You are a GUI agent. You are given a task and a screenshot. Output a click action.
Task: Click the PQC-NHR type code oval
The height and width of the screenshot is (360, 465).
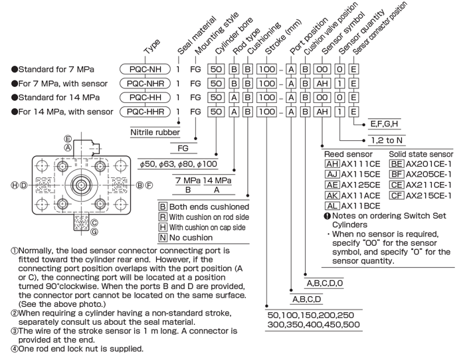[145, 83]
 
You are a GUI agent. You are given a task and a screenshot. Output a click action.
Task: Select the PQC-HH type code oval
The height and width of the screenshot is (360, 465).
[145, 97]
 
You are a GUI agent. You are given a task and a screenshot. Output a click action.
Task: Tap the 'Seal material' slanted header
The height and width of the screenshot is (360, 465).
[197, 36]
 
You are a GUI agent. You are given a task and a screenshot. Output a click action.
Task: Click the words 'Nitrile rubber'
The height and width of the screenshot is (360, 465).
[155, 132]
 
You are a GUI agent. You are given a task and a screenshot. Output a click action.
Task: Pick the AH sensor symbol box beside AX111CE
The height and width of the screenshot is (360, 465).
[332, 164]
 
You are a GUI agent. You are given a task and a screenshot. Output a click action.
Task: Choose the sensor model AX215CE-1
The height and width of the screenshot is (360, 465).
[428, 195]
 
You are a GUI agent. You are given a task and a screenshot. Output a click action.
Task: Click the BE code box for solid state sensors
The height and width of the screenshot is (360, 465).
[397, 164]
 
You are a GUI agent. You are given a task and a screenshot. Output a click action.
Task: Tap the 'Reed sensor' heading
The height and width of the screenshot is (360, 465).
[348, 154]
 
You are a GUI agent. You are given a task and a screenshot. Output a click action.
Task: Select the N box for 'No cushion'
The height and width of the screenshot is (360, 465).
[163, 238]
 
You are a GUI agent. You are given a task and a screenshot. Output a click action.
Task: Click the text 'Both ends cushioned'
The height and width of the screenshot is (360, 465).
[209, 207]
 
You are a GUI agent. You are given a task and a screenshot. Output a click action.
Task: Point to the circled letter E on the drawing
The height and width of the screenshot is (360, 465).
[68, 139]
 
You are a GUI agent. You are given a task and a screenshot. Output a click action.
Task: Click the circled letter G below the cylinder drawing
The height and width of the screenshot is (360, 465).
[94, 232]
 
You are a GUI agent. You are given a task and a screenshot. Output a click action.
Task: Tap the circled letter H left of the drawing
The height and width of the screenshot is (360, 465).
[15, 185]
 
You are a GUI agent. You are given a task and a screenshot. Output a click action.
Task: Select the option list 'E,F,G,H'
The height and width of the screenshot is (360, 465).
[384, 124]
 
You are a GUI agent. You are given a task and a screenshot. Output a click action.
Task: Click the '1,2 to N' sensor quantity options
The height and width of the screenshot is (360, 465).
[387, 140]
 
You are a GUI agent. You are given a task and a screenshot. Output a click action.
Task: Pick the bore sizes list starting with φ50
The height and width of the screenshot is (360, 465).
[178, 164]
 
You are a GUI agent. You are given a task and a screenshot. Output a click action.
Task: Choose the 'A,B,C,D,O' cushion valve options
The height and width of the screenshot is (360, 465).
[324, 283]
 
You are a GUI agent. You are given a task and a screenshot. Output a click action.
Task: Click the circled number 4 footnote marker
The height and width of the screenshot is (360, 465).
[14, 349]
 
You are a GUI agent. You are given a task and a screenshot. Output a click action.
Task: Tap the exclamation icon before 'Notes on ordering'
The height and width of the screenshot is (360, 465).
[327, 216]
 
